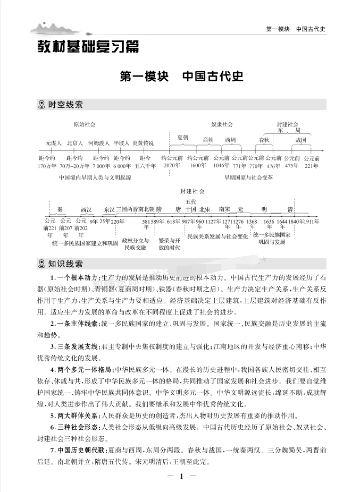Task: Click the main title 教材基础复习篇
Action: pos(88,47)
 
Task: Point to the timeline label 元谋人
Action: pos(54,143)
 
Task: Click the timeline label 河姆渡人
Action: pos(99,143)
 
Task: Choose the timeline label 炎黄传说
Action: pos(143,143)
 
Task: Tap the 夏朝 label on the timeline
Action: pos(183,137)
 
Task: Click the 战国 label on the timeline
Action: pos(301,140)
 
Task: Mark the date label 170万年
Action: pos(47,166)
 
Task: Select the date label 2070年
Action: pos(172,166)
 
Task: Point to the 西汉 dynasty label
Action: pos(86,209)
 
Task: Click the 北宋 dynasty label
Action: pos(204,209)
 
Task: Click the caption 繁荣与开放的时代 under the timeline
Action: pos(170,243)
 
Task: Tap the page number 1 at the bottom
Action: pos(181,476)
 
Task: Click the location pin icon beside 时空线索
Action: pos(43,105)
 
